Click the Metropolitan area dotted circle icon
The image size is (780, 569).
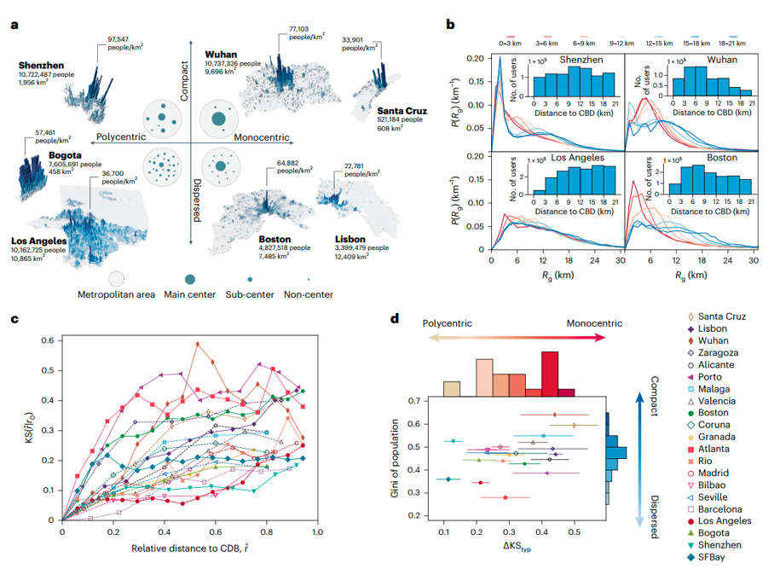pos(119,280)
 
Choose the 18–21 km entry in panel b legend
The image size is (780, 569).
pos(734,39)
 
